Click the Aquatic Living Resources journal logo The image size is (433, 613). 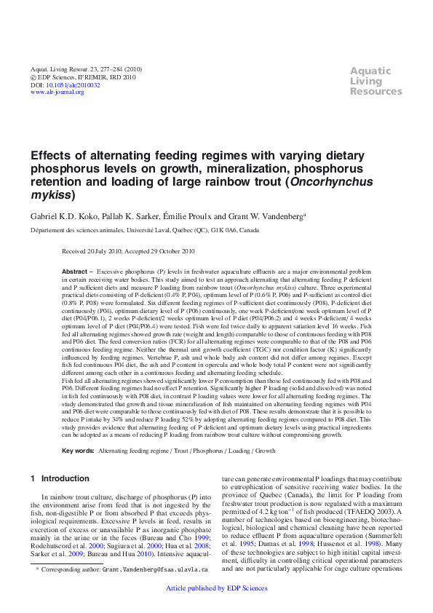376,81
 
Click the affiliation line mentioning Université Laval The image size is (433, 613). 144,229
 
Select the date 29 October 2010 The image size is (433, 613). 170,251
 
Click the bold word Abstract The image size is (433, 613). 75,271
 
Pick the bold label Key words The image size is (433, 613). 78,451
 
